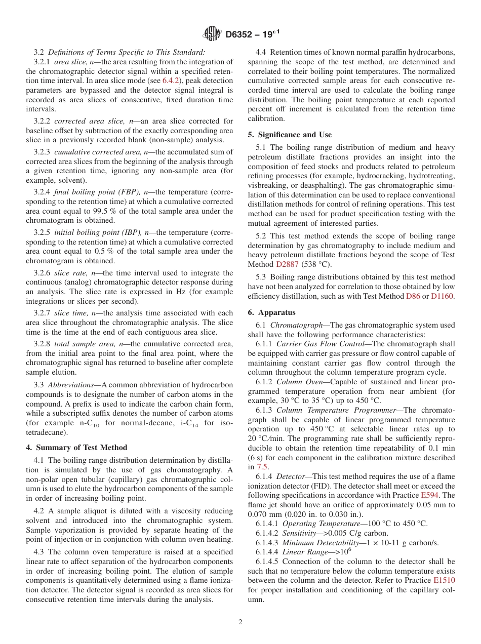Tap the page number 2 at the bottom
tap(240, 622)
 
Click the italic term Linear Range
tap(302, 552)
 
